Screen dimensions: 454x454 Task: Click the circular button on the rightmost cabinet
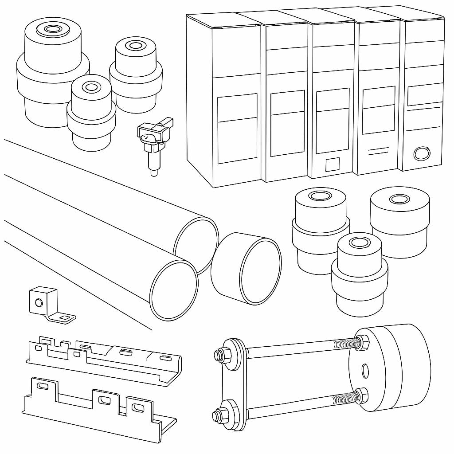click(x=421, y=153)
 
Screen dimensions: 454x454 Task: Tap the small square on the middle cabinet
click(x=333, y=164)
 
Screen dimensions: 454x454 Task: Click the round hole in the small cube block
click(x=39, y=303)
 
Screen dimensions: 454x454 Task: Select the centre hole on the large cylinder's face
click(x=365, y=371)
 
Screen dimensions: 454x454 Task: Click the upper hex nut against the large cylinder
click(x=361, y=342)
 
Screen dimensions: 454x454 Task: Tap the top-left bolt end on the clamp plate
click(x=218, y=355)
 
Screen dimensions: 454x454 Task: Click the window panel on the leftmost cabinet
click(x=237, y=129)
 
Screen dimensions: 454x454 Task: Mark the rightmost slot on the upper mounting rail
click(x=164, y=358)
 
